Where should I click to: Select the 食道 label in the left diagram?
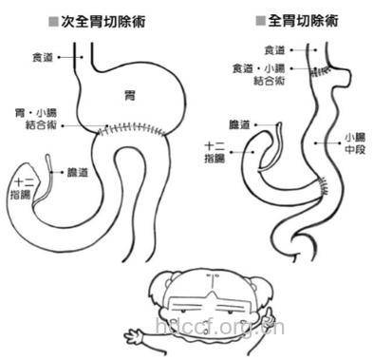[43, 57]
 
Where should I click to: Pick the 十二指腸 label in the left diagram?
[21, 186]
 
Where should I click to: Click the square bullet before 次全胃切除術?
[53, 20]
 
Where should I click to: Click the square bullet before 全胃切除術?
[260, 20]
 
